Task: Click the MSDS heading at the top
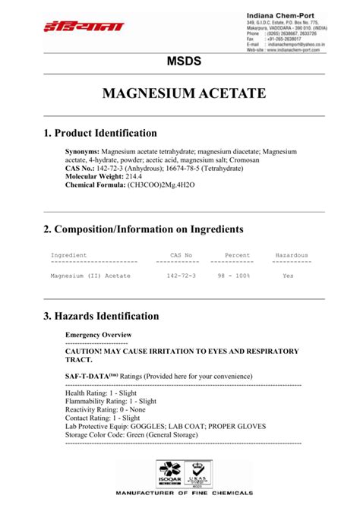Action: (180, 61)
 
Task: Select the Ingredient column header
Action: (68, 255)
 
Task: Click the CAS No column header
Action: (179, 255)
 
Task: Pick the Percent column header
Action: (237, 255)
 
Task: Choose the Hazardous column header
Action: (292, 255)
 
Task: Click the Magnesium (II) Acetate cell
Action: (90, 276)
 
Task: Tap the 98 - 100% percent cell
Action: (234, 276)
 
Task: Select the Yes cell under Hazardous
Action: (288, 276)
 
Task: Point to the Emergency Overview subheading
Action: (98, 335)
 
